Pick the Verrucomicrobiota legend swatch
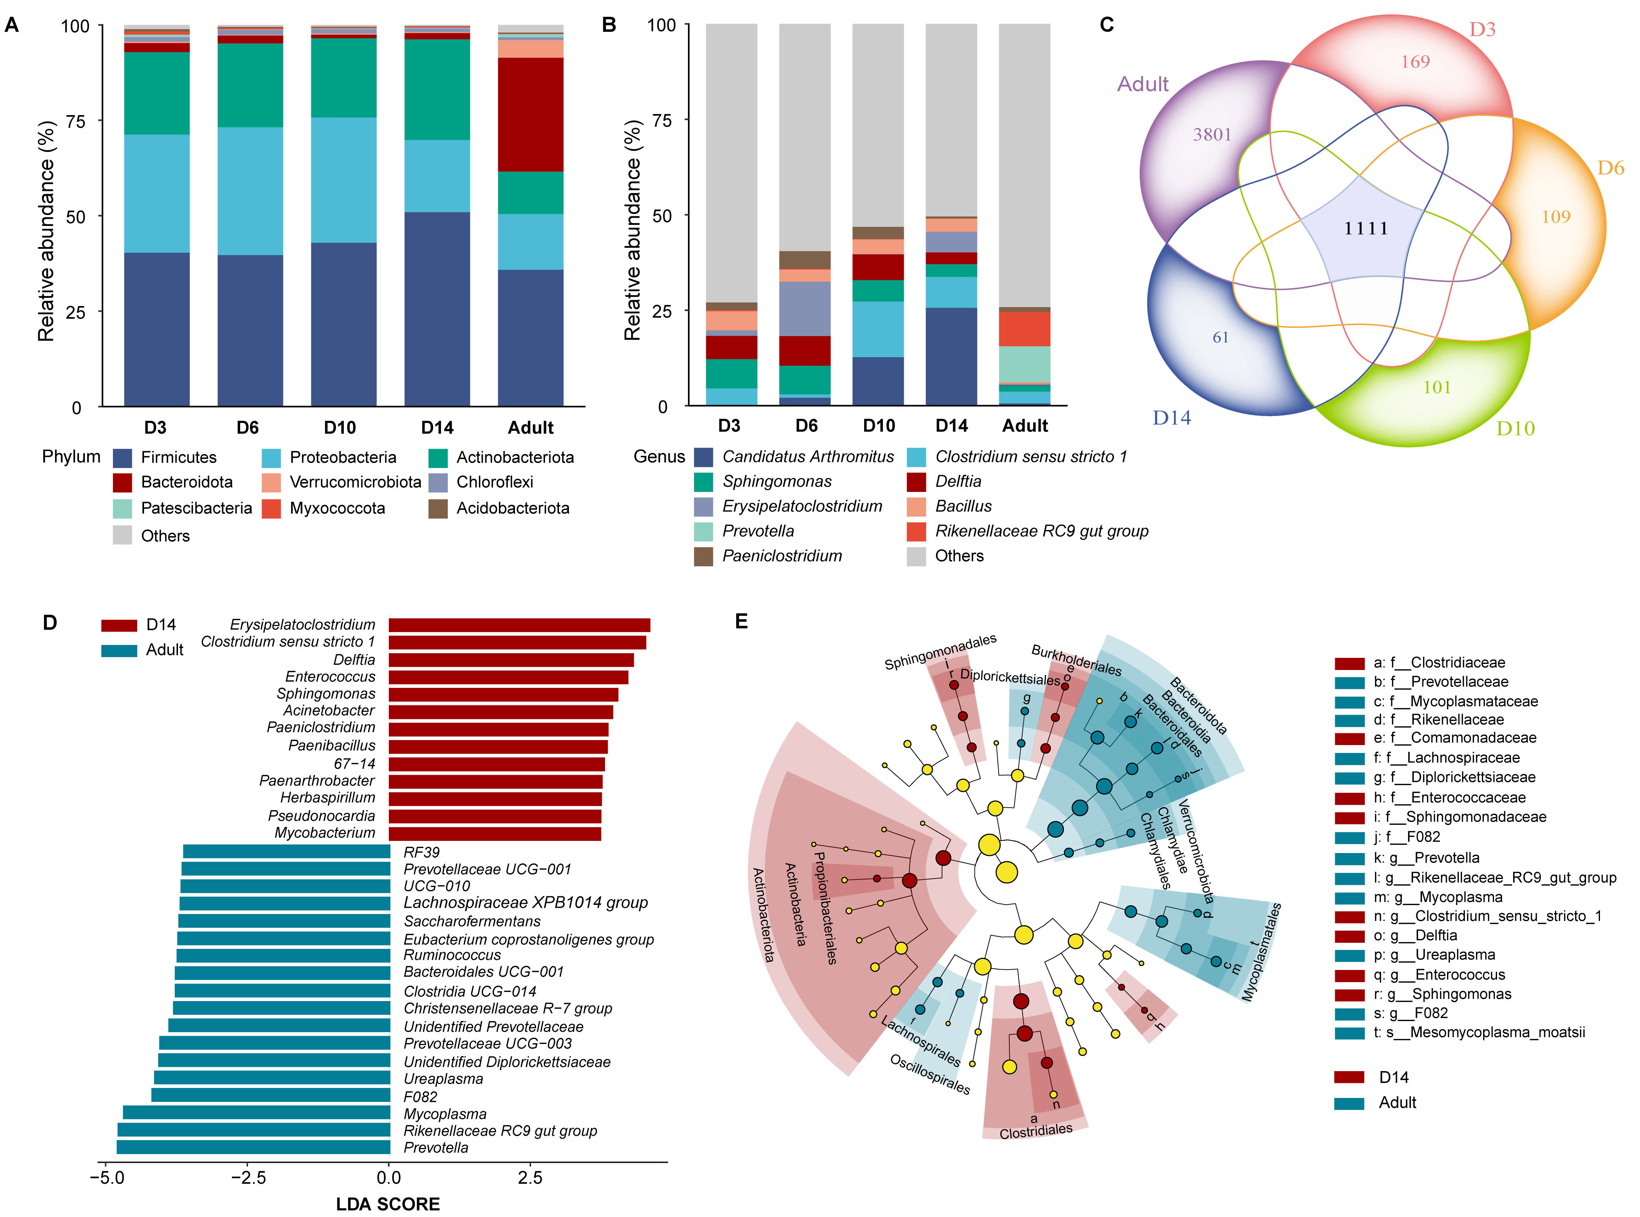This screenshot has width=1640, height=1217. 271,483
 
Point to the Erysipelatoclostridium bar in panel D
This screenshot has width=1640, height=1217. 519,625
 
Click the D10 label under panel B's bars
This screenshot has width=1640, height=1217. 878,426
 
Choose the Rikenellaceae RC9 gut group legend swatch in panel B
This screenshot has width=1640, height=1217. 916,531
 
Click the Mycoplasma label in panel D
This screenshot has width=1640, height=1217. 445,1114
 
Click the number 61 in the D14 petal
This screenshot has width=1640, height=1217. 1220,337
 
